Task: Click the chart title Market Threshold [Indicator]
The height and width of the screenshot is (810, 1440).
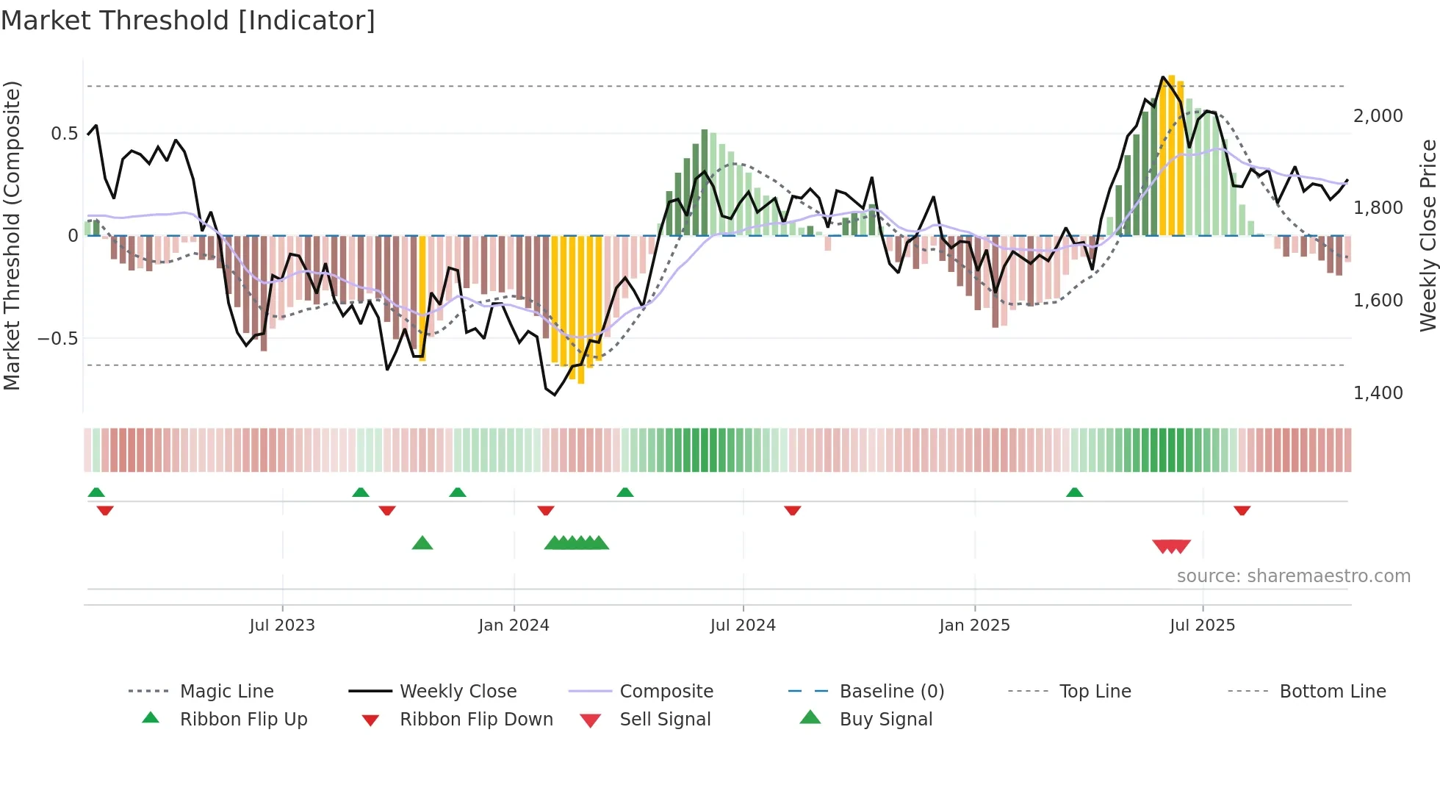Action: [x=188, y=21]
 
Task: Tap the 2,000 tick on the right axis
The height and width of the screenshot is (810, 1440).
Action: [x=1378, y=116]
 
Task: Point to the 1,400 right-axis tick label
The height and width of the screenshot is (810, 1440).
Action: [x=1378, y=393]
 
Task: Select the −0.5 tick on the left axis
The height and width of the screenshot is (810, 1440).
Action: [x=57, y=339]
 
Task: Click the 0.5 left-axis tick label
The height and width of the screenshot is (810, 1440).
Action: [x=64, y=134]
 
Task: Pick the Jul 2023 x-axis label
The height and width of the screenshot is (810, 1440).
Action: [x=282, y=626]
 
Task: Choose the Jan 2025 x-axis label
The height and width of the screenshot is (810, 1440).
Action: [x=974, y=626]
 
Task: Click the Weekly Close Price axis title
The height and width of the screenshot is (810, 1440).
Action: [x=1428, y=235]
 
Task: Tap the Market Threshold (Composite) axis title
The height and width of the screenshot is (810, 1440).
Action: [x=12, y=235]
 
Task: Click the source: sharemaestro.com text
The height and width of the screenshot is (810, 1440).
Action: [x=1293, y=576]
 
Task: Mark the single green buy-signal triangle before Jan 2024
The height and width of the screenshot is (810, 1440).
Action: [x=422, y=543]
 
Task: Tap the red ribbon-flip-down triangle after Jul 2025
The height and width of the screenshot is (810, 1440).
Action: [x=1242, y=510]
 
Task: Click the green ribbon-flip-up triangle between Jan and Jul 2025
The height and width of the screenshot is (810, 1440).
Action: [x=1074, y=492]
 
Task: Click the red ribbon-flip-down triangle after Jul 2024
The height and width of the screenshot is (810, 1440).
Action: [x=792, y=510]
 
